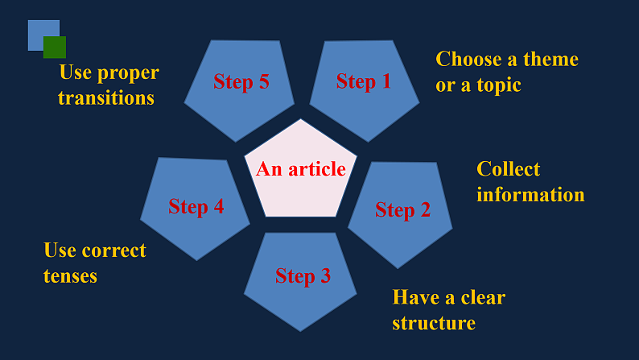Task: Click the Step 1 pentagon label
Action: [x=363, y=81]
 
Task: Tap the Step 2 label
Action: [x=402, y=210]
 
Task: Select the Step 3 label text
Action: [x=303, y=276]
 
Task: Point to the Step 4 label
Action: [x=196, y=207]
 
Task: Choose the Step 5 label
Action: [x=241, y=81]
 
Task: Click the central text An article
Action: [x=301, y=169]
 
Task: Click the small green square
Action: [x=55, y=47]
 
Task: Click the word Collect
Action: [x=509, y=169]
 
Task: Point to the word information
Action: [x=530, y=195]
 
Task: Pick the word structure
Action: [x=434, y=324]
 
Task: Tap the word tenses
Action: [x=70, y=276]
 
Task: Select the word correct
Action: [x=114, y=250]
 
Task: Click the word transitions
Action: [x=106, y=98]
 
